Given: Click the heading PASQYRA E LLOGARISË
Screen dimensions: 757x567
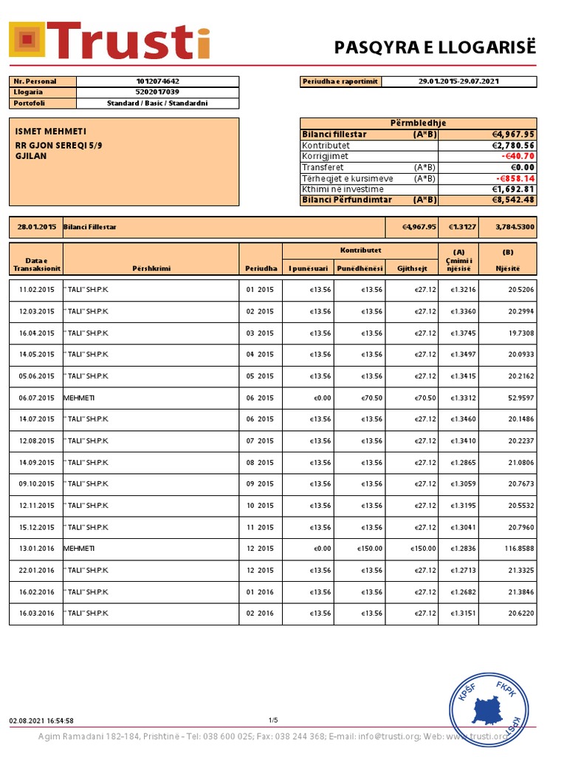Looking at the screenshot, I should [x=435, y=48].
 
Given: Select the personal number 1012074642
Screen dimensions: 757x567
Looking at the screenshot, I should [x=157, y=81].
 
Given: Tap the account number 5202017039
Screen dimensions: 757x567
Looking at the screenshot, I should [x=157, y=92].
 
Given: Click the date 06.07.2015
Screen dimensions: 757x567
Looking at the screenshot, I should [x=37, y=398].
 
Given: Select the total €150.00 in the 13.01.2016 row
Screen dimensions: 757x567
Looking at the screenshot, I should [x=423, y=549].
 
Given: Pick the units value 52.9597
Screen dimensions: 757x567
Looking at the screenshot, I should [x=517, y=398].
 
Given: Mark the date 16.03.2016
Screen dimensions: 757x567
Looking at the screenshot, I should [x=37, y=614].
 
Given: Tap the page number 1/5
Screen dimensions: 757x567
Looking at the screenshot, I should [x=273, y=720].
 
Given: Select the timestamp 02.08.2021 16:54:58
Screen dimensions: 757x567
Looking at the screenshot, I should [x=41, y=720].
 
